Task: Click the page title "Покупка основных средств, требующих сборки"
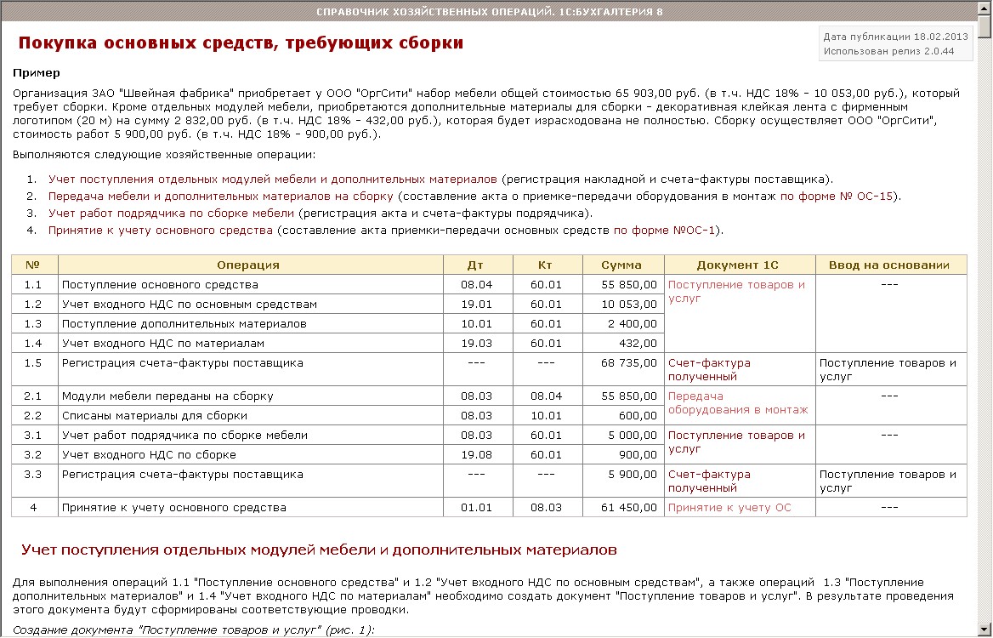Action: (241, 43)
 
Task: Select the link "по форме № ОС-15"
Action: (837, 196)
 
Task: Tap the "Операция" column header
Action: (248, 265)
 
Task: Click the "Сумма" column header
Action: (621, 265)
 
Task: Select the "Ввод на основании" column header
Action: (890, 265)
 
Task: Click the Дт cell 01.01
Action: (476, 508)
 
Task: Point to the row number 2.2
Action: (33, 416)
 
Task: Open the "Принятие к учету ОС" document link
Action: (729, 508)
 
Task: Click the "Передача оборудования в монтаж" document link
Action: (738, 403)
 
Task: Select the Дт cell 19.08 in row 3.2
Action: (476, 455)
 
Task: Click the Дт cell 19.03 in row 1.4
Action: (476, 344)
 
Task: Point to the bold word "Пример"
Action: (37, 73)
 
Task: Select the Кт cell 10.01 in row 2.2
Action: (546, 416)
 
